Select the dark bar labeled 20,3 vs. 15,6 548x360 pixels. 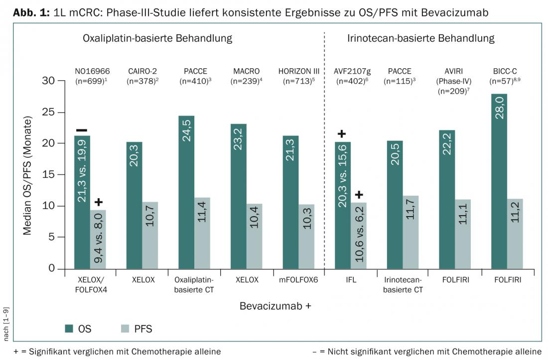[x=342, y=205]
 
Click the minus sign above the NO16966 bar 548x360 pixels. [x=82, y=130]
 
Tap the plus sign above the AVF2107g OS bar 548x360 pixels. [x=342, y=133]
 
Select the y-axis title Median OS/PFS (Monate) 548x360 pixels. [x=28, y=175]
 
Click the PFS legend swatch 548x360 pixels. [x=125, y=329]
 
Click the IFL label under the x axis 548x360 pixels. [x=350, y=280]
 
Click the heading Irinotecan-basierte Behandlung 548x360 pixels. [x=420, y=38]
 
